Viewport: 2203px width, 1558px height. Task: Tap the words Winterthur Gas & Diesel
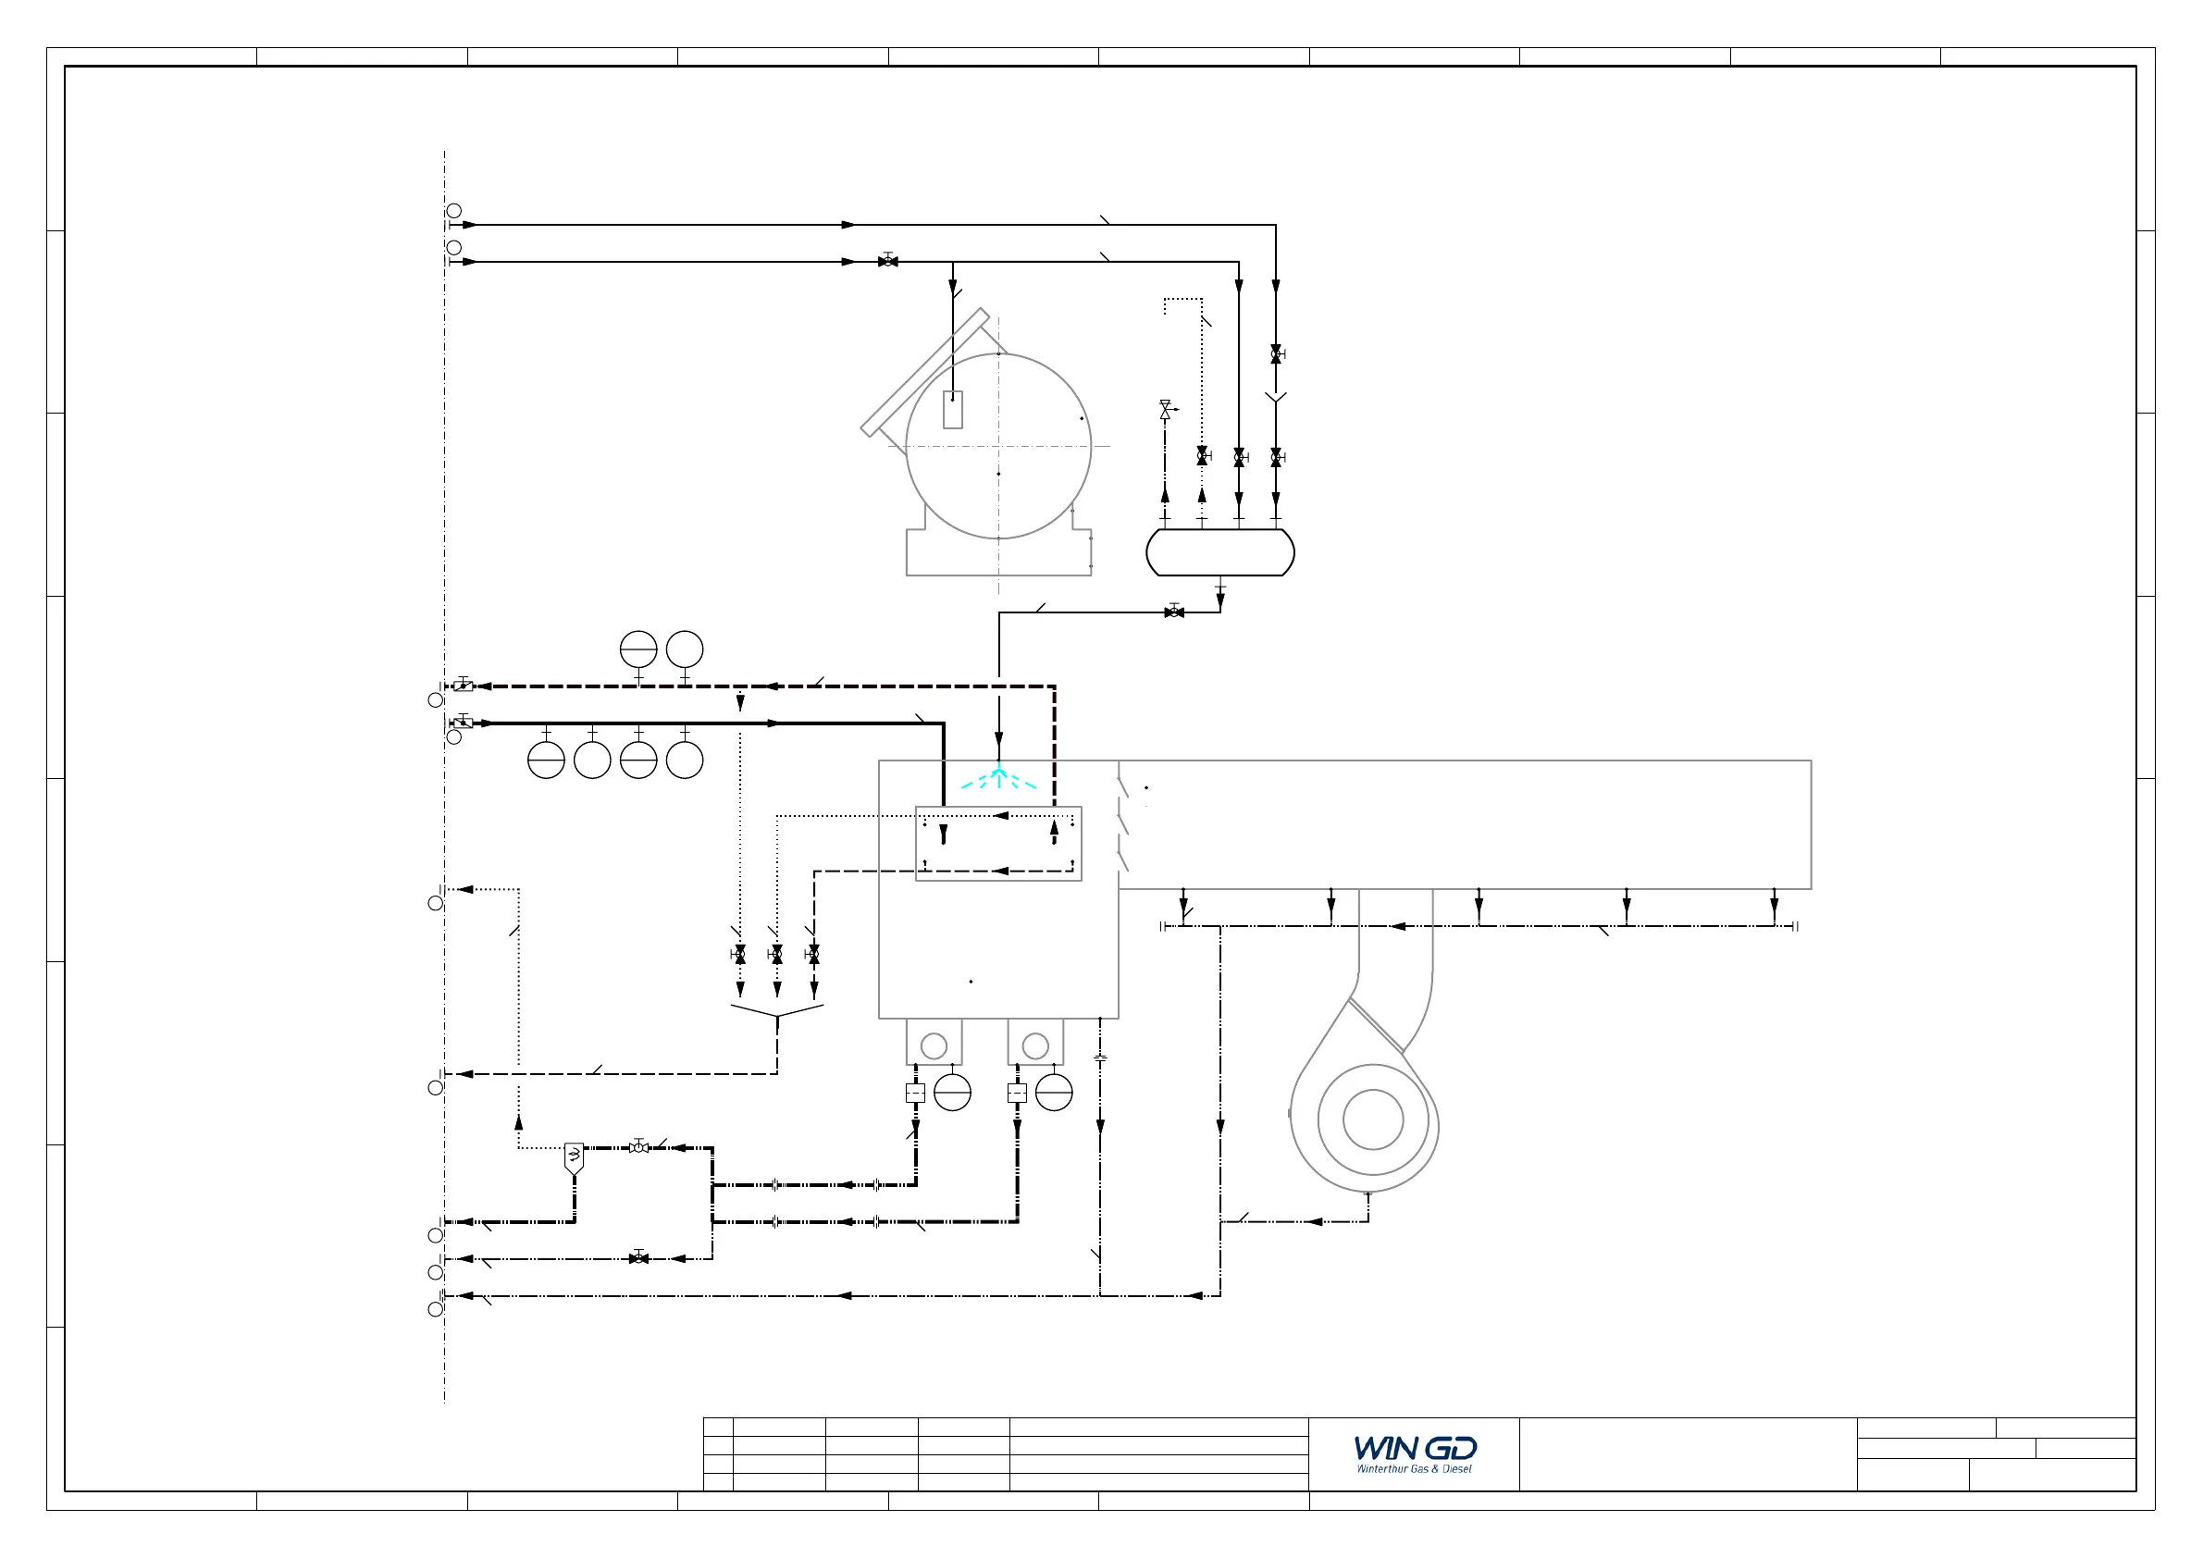coord(1415,1469)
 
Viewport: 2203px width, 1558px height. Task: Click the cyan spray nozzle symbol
coord(999,777)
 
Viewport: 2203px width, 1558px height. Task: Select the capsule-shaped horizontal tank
coord(1220,552)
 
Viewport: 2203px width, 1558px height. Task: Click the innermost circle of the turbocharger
coord(1373,1119)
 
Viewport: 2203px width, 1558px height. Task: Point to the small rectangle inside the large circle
coord(953,410)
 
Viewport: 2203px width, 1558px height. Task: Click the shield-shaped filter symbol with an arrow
coord(574,1159)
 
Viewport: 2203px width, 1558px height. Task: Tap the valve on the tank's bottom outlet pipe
coord(1174,612)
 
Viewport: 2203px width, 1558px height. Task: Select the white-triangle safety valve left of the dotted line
coord(1166,410)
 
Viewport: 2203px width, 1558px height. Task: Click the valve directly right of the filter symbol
coord(639,1146)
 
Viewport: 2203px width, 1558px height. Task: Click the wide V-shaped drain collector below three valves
coord(777,1011)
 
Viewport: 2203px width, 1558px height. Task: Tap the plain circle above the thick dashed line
coord(685,649)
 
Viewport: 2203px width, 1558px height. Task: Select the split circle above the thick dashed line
coord(639,649)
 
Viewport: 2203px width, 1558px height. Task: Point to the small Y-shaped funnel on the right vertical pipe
coord(1275,397)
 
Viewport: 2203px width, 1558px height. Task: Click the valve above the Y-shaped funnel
coord(1276,354)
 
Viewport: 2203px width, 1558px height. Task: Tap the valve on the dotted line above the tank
coord(1202,456)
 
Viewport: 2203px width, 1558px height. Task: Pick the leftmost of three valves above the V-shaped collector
coord(739,955)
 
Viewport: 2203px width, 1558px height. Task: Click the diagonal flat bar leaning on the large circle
coord(925,372)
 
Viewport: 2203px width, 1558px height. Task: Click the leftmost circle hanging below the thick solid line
coord(546,760)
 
